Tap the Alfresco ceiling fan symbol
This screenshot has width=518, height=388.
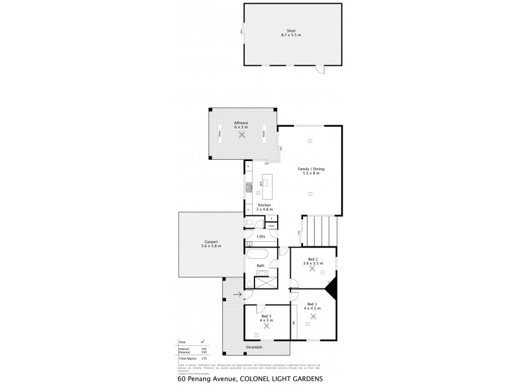click(241, 136)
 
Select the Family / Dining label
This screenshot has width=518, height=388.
click(311, 170)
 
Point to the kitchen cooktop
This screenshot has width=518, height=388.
click(247, 188)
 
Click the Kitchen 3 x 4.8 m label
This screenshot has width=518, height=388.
click(264, 208)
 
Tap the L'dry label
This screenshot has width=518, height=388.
click(261, 237)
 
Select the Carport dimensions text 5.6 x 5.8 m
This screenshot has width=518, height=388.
click(211, 246)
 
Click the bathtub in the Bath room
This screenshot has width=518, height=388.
click(258, 255)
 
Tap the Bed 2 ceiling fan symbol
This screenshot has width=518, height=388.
click(312, 268)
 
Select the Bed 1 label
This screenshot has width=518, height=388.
click(311, 304)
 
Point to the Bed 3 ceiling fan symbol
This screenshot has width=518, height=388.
click(266, 327)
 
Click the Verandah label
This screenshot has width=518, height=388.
click(254, 348)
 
